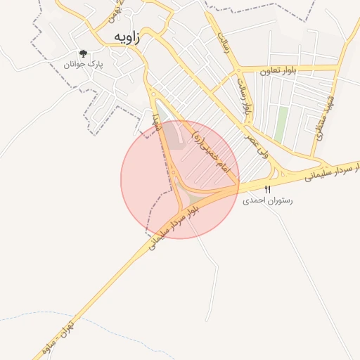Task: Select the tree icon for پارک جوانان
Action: (x=84, y=53)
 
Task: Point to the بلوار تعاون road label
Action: (x=278, y=70)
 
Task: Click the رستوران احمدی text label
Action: (x=267, y=200)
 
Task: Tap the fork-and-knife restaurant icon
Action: (x=267, y=190)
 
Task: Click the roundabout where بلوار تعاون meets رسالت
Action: (x=238, y=70)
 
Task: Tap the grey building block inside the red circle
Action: (x=174, y=140)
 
